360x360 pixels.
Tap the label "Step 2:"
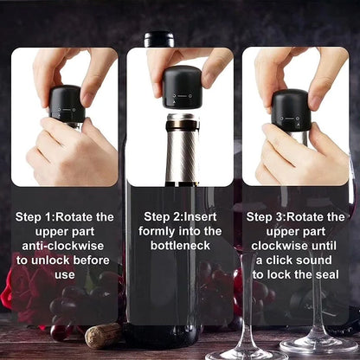[x=164, y=216]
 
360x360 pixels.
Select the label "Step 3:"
[x=268, y=216]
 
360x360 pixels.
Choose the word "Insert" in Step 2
[x=204, y=216]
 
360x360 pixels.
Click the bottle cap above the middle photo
[x=159, y=39]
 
